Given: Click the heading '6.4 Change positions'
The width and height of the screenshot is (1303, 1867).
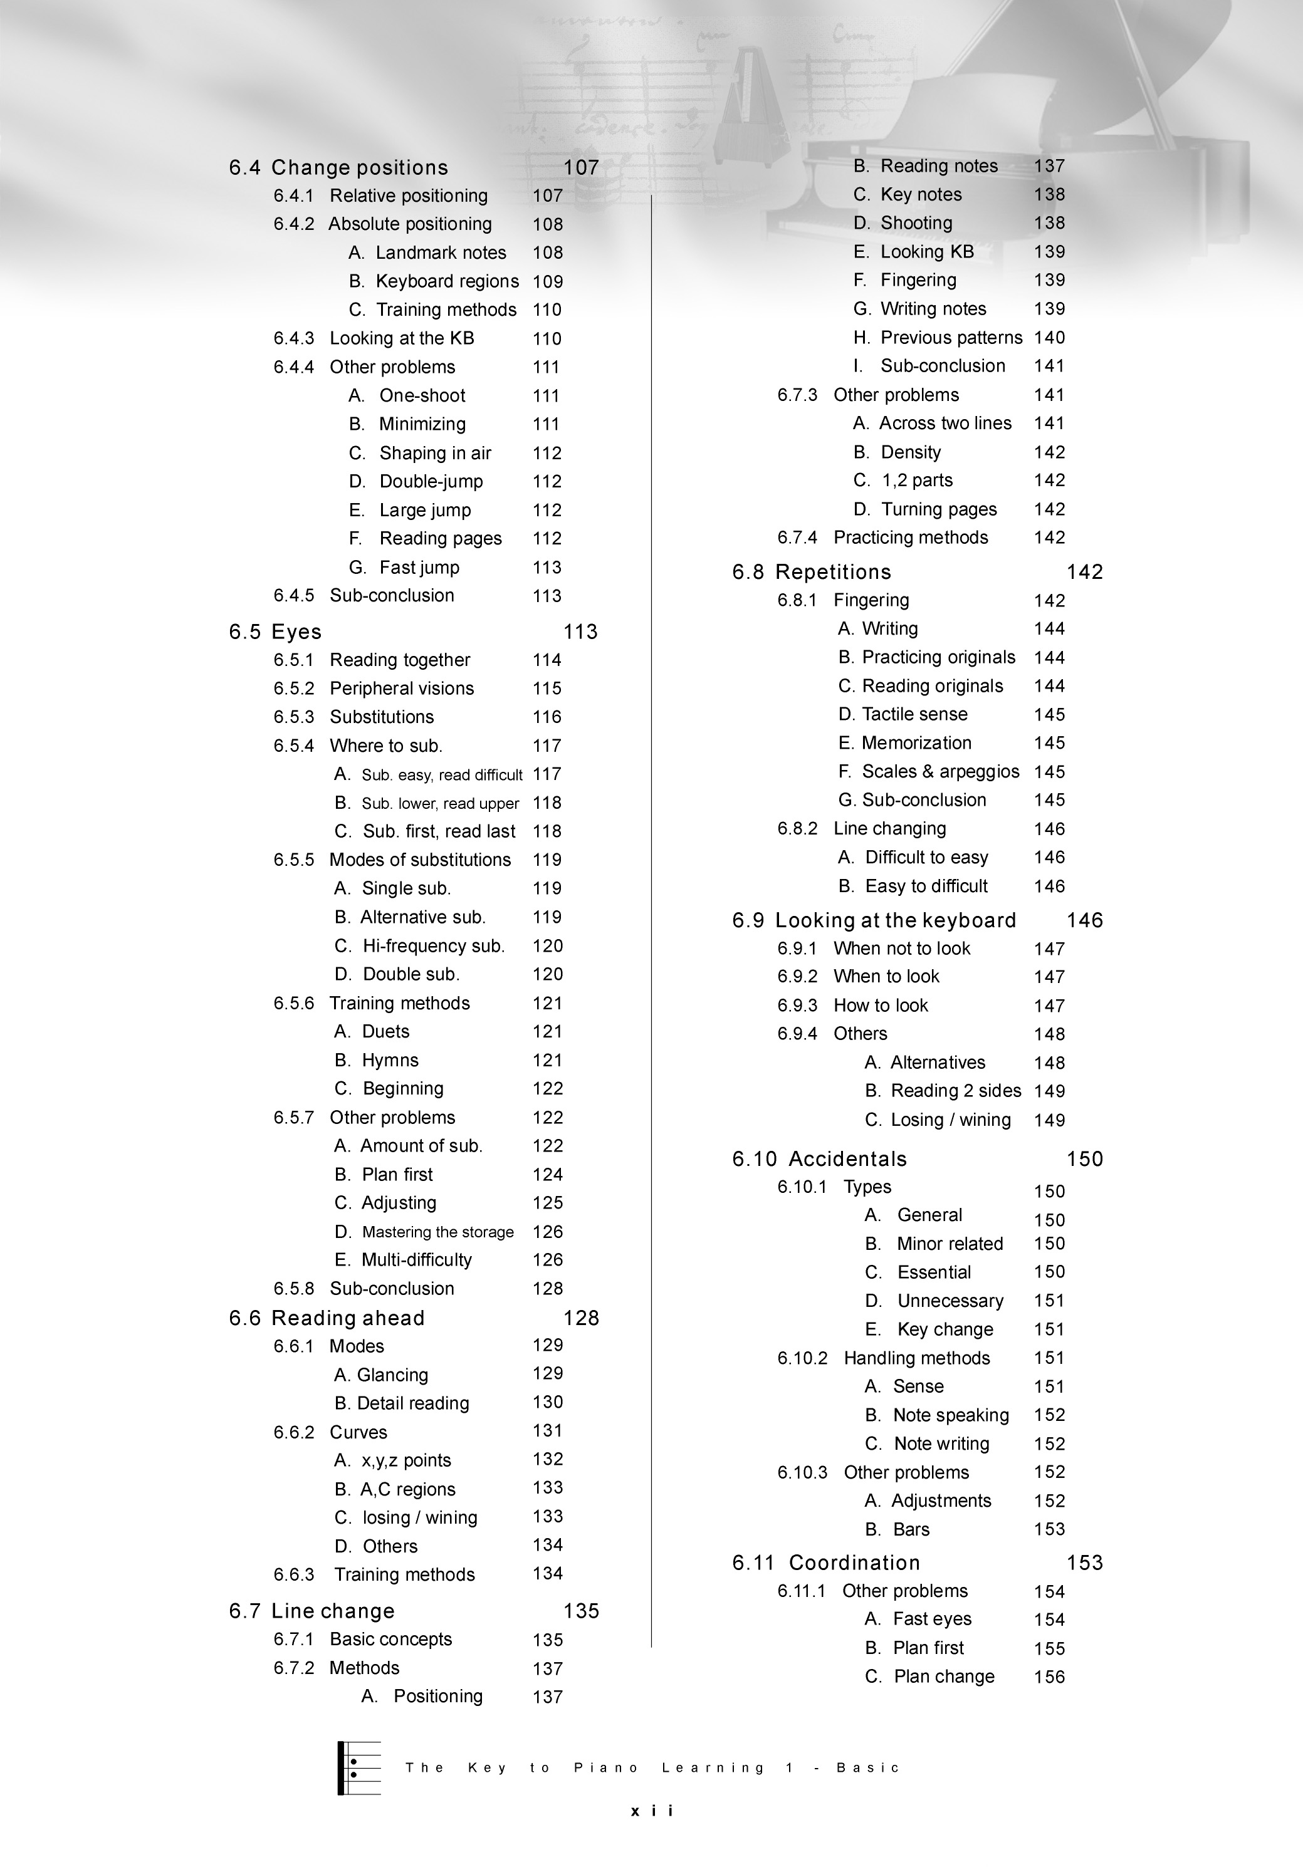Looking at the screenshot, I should point(338,167).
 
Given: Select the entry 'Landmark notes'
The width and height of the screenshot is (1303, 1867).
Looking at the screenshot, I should point(440,253).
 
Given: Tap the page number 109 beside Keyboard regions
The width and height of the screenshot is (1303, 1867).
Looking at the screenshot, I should point(547,281).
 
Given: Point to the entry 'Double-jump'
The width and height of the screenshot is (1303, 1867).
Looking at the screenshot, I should point(431,481).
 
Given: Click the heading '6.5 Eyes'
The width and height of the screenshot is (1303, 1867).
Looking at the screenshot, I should point(275,632).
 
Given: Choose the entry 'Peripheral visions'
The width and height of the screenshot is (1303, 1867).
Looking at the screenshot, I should point(401,689).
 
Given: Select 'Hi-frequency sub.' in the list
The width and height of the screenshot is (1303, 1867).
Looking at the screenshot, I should point(432,945).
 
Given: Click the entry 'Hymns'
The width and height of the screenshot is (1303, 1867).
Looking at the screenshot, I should point(390,1060).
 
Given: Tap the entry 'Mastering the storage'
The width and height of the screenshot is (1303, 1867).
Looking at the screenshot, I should point(437,1232).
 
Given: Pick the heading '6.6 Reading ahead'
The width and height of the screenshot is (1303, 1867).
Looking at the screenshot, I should point(327,1318).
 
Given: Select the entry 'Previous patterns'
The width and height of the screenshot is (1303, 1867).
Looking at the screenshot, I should point(951,338).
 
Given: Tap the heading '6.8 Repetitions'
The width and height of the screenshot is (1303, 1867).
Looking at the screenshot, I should point(812,571).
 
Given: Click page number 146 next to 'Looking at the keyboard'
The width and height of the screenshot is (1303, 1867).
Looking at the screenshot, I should point(1084,920).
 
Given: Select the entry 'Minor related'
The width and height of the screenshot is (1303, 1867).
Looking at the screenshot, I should point(949,1244).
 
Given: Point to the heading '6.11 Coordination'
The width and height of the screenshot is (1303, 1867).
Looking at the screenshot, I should point(825,1563).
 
